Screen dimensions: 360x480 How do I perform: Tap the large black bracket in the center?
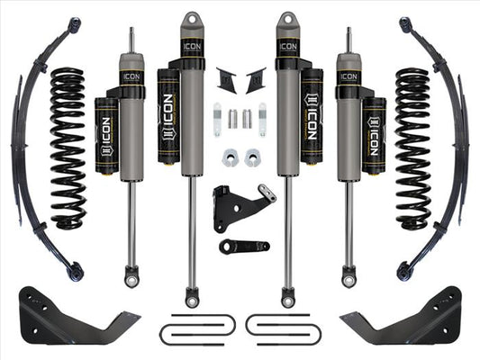click(x=235, y=208)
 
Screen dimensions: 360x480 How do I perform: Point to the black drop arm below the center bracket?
click(x=243, y=246)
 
